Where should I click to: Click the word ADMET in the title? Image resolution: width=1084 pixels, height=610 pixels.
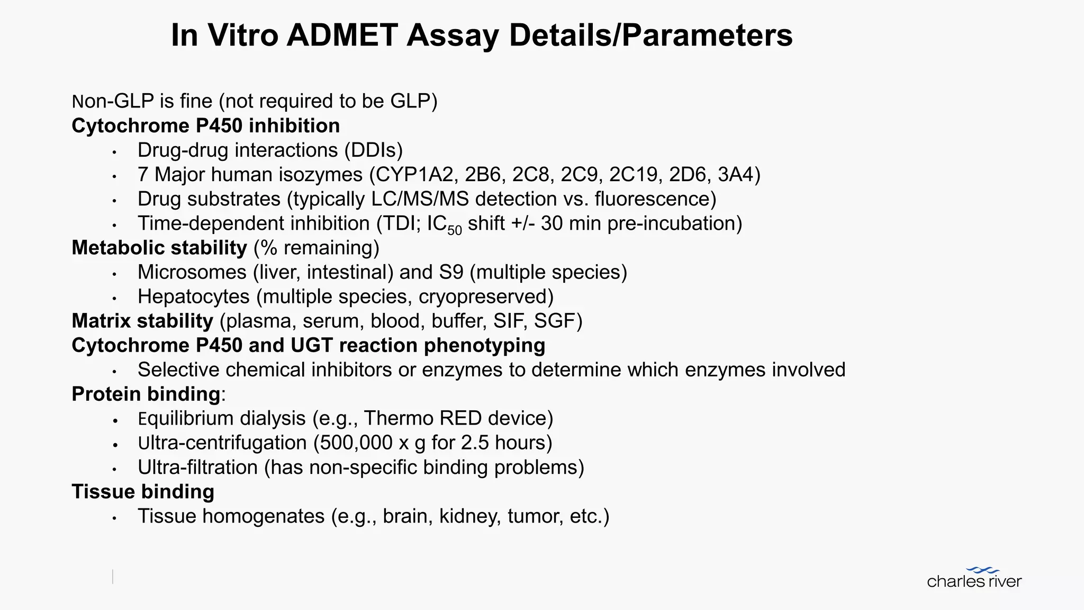(x=342, y=35)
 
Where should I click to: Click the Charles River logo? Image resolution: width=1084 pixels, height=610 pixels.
(x=974, y=578)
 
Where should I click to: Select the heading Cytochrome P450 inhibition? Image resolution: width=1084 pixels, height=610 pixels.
(x=205, y=126)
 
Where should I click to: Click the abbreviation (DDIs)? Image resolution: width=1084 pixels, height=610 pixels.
(x=374, y=150)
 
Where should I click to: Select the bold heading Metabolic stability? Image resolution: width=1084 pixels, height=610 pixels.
(x=159, y=248)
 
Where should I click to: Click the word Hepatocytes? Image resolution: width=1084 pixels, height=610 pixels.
(x=193, y=297)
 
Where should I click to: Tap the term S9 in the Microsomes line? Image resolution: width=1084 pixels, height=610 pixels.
(x=451, y=272)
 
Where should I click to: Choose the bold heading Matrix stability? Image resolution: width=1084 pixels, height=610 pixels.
(x=142, y=321)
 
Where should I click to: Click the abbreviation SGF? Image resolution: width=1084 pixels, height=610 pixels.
(x=554, y=321)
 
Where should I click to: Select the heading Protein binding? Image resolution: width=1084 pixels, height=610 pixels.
(x=146, y=394)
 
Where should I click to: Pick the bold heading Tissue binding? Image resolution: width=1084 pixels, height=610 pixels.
(x=143, y=491)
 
